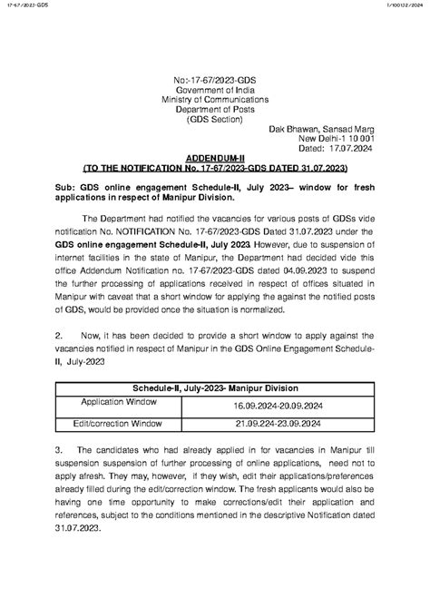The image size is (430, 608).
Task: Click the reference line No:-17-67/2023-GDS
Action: (215, 81)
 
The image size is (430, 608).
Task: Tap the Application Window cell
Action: (119, 401)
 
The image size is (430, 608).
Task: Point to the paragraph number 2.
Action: (58, 335)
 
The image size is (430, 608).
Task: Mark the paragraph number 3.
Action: (58, 449)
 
